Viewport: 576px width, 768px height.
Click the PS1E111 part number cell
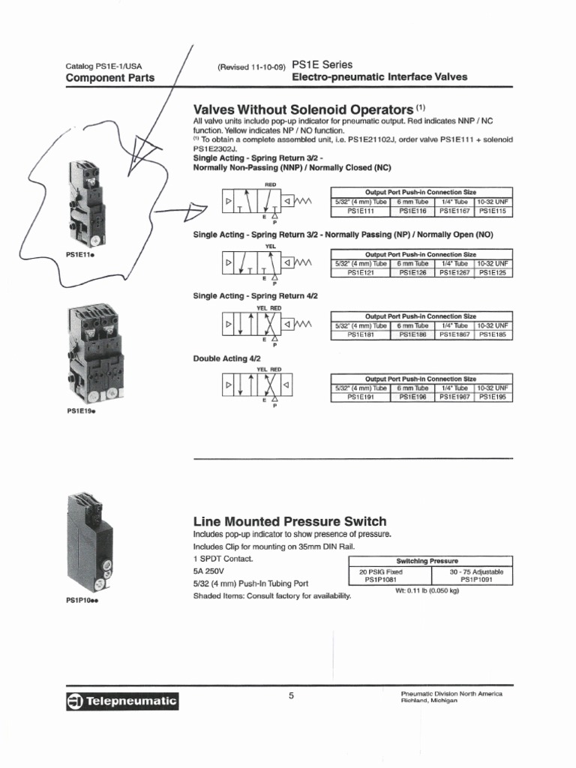click(x=355, y=211)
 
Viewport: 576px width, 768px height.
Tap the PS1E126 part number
click(x=412, y=273)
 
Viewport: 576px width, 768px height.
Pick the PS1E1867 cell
click(x=454, y=334)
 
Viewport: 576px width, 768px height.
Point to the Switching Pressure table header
click(x=427, y=561)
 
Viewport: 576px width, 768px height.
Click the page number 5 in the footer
click(x=291, y=696)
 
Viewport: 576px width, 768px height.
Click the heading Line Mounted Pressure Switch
click(x=289, y=521)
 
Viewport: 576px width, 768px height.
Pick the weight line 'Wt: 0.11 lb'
click(x=427, y=590)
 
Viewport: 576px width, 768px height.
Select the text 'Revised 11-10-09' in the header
click(x=251, y=67)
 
